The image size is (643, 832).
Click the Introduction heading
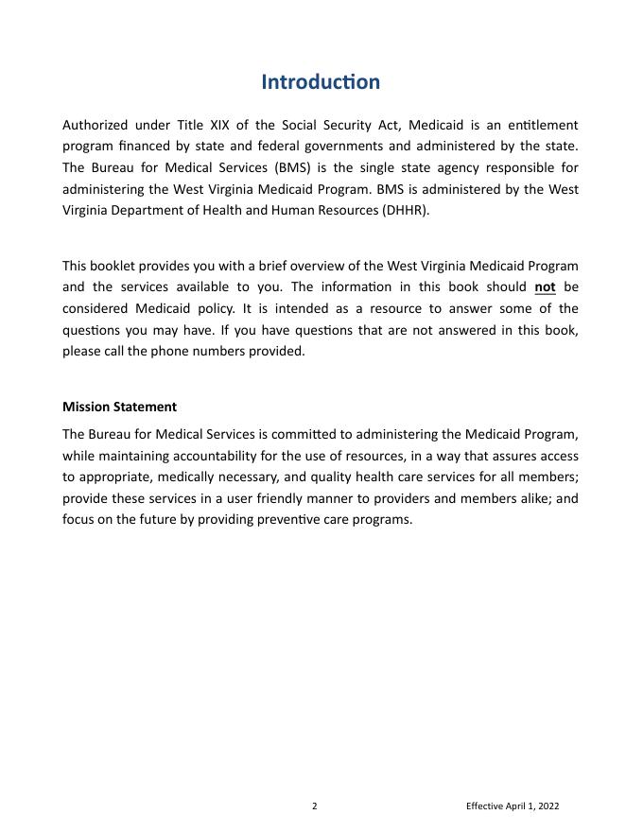point(321,82)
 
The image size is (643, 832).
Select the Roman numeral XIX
point(218,125)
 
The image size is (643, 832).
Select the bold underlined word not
point(545,287)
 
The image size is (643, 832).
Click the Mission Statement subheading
point(119,407)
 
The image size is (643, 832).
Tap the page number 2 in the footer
point(315,806)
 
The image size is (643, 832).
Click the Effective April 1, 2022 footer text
point(513,806)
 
